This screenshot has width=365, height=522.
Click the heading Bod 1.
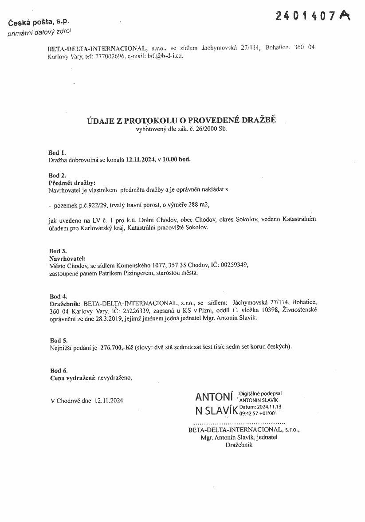click(57, 153)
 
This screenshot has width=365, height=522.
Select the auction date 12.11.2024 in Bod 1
click(139, 159)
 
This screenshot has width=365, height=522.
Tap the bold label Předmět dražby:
click(71, 182)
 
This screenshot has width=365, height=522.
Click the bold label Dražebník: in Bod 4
click(65, 303)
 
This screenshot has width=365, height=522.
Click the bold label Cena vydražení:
click(73, 378)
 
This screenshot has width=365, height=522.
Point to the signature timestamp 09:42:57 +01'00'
click(257, 412)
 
